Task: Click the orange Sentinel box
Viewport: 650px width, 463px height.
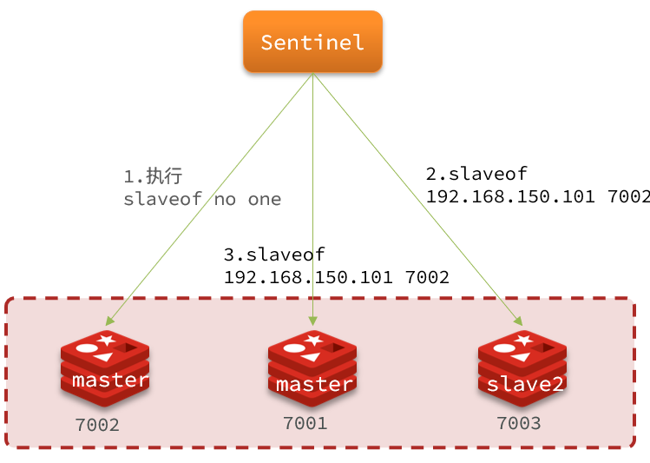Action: [312, 42]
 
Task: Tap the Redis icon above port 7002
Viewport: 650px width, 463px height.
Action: [105, 368]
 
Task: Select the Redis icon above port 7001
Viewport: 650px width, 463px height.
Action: [312, 368]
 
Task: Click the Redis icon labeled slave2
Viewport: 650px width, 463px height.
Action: [522, 368]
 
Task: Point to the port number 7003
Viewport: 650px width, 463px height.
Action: [519, 423]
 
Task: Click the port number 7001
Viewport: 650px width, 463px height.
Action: [305, 423]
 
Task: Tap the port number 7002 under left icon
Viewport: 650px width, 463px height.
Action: [97, 425]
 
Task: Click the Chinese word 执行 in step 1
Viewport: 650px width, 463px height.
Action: [164, 176]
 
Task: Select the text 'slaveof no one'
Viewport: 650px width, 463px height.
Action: [202, 199]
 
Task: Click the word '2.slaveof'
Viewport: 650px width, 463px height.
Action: [476, 174]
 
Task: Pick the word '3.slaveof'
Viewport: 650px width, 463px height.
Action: [274, 255]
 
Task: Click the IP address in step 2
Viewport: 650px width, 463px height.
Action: [510, 196]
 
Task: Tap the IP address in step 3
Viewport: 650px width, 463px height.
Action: [308, 277]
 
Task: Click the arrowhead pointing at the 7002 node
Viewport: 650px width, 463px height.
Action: [109, 321]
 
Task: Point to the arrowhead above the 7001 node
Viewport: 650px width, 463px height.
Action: [313, 321]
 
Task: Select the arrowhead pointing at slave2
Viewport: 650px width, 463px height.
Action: [518, 321]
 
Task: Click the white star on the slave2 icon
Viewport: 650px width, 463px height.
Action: [524, 340]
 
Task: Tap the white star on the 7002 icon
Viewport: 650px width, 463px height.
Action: [107, 340]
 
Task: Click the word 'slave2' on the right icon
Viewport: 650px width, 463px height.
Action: [525, 384]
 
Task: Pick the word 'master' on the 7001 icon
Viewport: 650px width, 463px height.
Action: [314, 384]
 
